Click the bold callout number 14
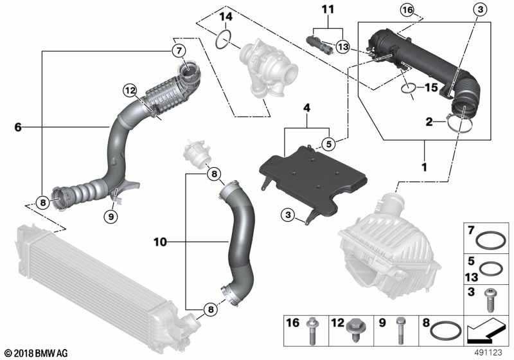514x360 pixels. point(226,16)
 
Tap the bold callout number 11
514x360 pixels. point(328,10)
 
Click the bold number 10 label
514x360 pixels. point(160,242)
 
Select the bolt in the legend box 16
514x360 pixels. point(319,332)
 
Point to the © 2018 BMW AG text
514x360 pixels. point(35,353)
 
